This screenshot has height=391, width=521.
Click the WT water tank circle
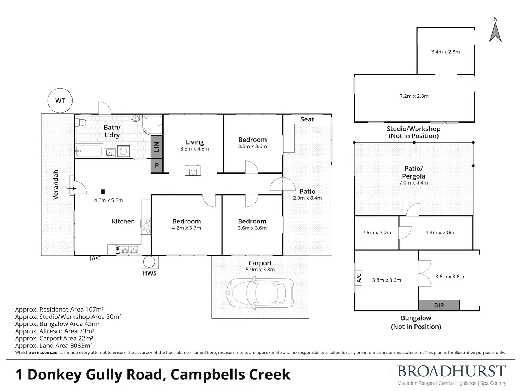tap(60, 101)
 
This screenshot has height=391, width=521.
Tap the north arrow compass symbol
tap(496, 32)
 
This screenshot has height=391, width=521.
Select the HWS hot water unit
tap(149, 262)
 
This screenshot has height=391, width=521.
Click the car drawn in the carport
tap(260, 293)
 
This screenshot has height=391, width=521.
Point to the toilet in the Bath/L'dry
tap(80, 123)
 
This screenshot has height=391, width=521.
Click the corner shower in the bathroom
tap(153, 125)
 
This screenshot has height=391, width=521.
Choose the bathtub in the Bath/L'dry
tap(89, 151)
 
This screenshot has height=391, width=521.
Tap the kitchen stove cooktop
tap(146, 226)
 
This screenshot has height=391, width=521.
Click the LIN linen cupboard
tap(157, 147)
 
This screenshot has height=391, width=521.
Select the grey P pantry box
tap(157, 165)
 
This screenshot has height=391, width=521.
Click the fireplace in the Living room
tap(193, 170)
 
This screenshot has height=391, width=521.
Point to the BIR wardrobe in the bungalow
tap(439, 305)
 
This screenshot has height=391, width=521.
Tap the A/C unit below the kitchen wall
tap(96, 258)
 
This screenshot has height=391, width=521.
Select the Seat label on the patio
tap(307, 119)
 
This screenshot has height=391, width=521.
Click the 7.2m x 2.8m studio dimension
tap(414, 96)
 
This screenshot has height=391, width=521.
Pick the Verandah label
tap(55, 185)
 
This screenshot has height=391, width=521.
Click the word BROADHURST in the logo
tap(452, 372)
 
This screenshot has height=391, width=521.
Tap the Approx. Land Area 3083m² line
tap(54, 345)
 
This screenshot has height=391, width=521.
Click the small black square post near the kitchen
tap(103, 192)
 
